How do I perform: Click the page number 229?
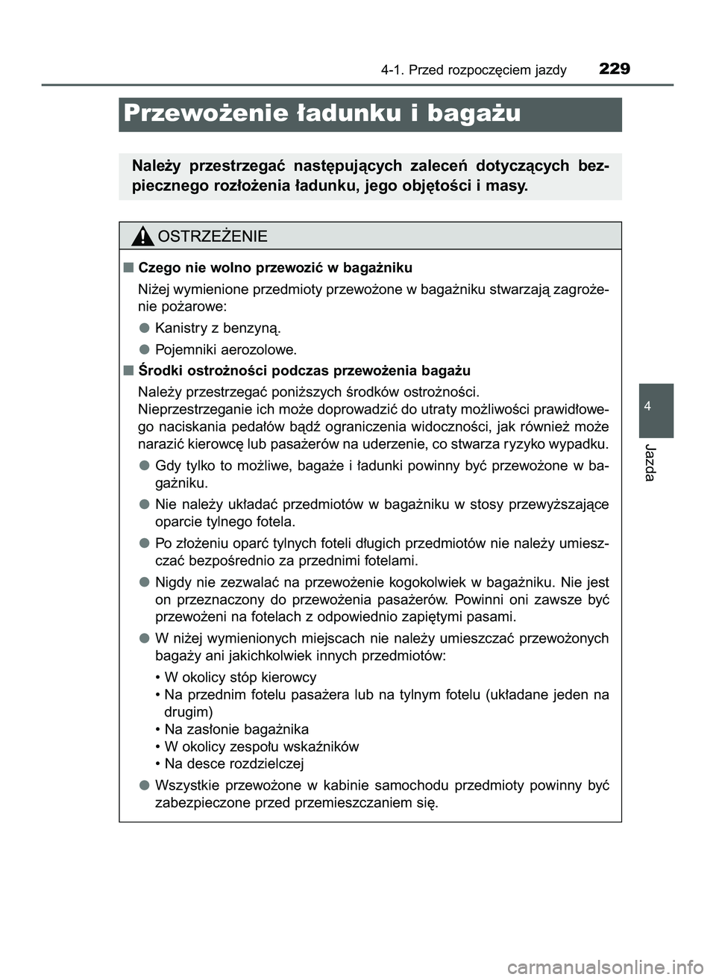click(x=614, y=69)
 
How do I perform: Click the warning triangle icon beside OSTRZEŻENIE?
click(x=142, y=237)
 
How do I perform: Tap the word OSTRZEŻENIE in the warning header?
click(x=213, y=237)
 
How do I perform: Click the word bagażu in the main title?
click(x=473, y=113)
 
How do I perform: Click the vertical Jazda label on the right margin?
click(x=649, y=462)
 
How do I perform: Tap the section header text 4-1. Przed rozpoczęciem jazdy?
click(x=473, y=71)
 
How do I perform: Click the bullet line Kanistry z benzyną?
click(x=218, y=328)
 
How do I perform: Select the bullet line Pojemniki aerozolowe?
click(x=225, y=349)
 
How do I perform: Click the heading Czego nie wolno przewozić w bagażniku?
click(x=274, y=267)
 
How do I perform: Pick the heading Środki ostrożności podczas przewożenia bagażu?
click(x=304, y=370)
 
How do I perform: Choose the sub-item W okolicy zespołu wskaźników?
click(x=257, y=746)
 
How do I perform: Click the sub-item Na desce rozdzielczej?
click(x=230, y=764)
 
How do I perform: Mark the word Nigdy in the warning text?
click(x=173, y=582)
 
